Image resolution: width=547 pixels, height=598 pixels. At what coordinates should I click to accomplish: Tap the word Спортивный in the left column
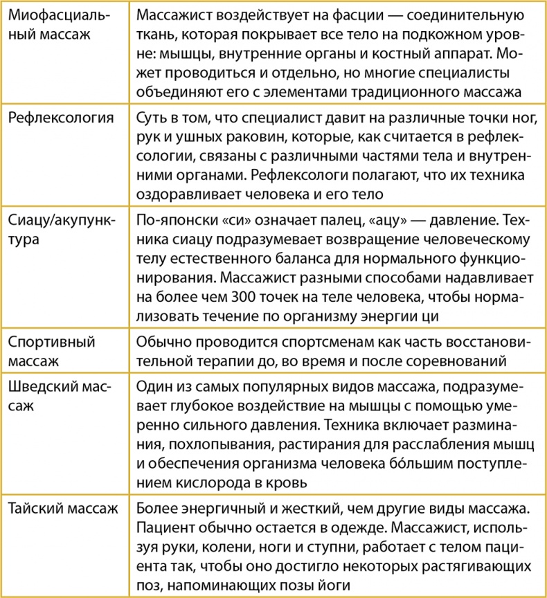tap(51, 342)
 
